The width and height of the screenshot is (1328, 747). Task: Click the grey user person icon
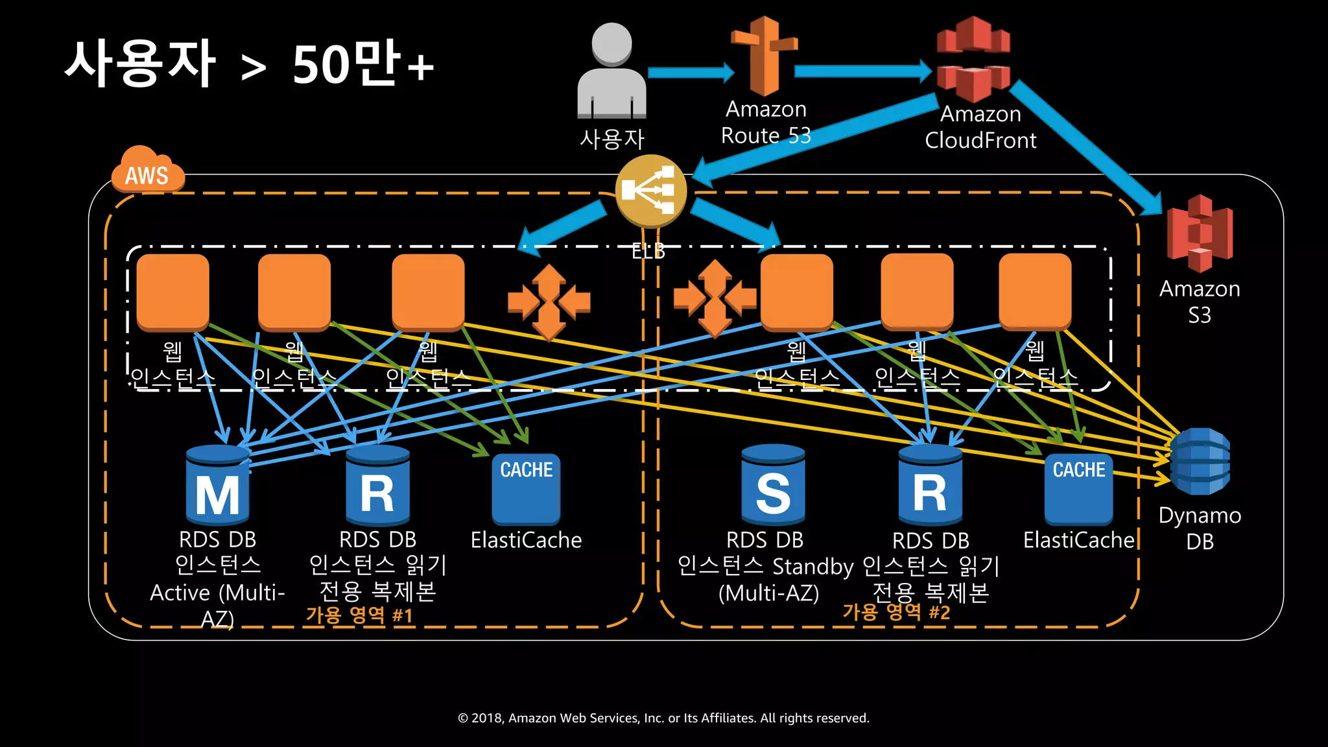pyautogui.click(x=611, y=71)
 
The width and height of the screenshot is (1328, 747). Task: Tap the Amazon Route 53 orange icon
pyautogui.click(x=765, y=57)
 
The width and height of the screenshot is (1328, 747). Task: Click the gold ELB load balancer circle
pyautogui.click(x=650, y=191)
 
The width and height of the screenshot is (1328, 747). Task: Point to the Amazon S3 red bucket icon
pyautogui.click(x=1200, y=233)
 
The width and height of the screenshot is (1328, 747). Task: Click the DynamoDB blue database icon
pyautogui.click(x=1200, y=462)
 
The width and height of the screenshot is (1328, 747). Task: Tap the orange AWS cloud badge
pyautogui.click(x=148, y=171)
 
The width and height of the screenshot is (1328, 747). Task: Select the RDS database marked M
pyautogui.click(x=217, y=486)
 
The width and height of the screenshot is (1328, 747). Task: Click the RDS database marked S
pyautogui.click(x=773, y=486)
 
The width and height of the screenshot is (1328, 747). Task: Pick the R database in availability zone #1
pyautogui.click(x=377, y=486)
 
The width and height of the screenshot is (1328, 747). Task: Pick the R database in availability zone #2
pyautogui.click(x=930, y=486)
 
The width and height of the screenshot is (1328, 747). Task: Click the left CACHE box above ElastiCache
pyautogui.click(x=526, y=489)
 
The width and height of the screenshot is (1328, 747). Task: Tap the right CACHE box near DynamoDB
pyautogui.click(x=1078, y=489)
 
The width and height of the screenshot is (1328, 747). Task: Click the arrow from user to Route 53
pyautogui.click(x=690, y=73)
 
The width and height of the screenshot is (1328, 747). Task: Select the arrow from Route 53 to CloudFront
pyautogui.click(x=862, y=71)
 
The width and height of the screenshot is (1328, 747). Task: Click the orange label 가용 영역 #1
pyautogui.click(x=359, y=615)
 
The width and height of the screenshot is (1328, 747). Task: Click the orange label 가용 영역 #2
pyautogui.click(x=896, y=611)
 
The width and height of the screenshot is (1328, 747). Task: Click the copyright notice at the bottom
pyautogui.click(x=663, y=718)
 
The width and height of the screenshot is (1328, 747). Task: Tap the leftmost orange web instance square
pyautogui.click(x=172, y=291)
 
